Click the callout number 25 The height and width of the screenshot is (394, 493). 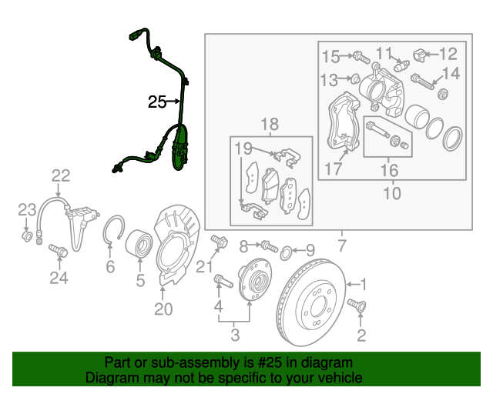[157, 102]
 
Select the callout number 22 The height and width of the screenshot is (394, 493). [61, 175]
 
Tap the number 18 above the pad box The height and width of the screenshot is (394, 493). [267, 125]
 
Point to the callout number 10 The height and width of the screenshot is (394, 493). [392, 193]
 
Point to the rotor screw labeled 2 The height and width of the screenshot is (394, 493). [356, 307]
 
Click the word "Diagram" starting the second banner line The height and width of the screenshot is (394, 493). [112, 379]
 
